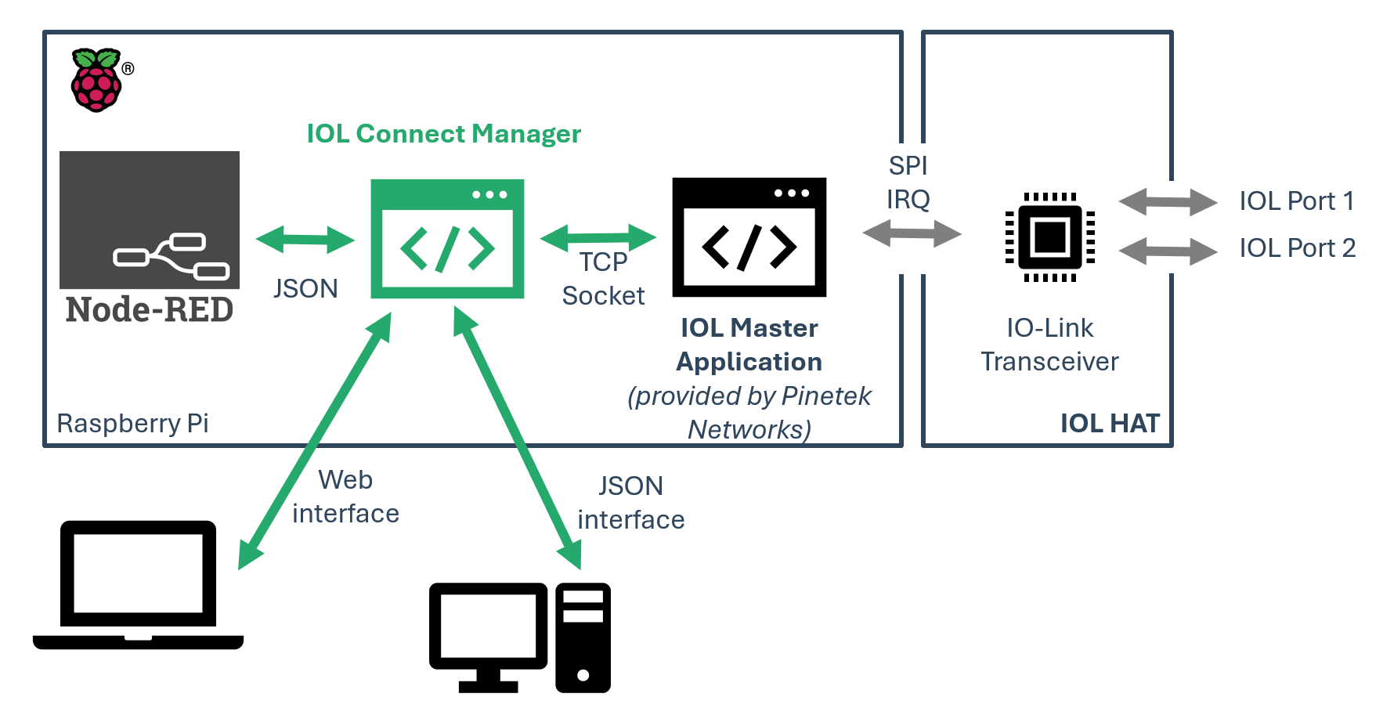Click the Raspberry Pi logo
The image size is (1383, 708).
coord(96,80)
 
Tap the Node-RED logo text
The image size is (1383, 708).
coord(150,310)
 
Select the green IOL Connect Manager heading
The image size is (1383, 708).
coord(443,134)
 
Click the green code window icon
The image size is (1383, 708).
coord(447,239)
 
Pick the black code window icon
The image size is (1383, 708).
coord(749,237)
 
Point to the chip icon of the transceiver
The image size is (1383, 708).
coord(1050,237)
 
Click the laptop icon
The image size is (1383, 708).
coord(138,584)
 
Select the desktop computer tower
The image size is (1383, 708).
coord(583,638)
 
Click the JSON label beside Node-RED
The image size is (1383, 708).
coord(305,289)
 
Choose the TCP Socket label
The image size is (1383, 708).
coord(603,279)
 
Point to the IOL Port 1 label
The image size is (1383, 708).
coord(1296,201)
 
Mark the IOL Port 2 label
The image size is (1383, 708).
coord(1297,248)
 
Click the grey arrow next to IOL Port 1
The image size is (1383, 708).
coord(1168,202)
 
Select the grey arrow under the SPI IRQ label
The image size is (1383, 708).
coord(912,233)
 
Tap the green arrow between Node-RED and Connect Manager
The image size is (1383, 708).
coord(305,240)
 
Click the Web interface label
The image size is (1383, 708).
coord(345,497)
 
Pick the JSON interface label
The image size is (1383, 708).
coord(630,503)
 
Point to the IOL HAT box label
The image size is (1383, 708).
coord(1110,424)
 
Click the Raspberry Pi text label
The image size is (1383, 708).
coord(132,424)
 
